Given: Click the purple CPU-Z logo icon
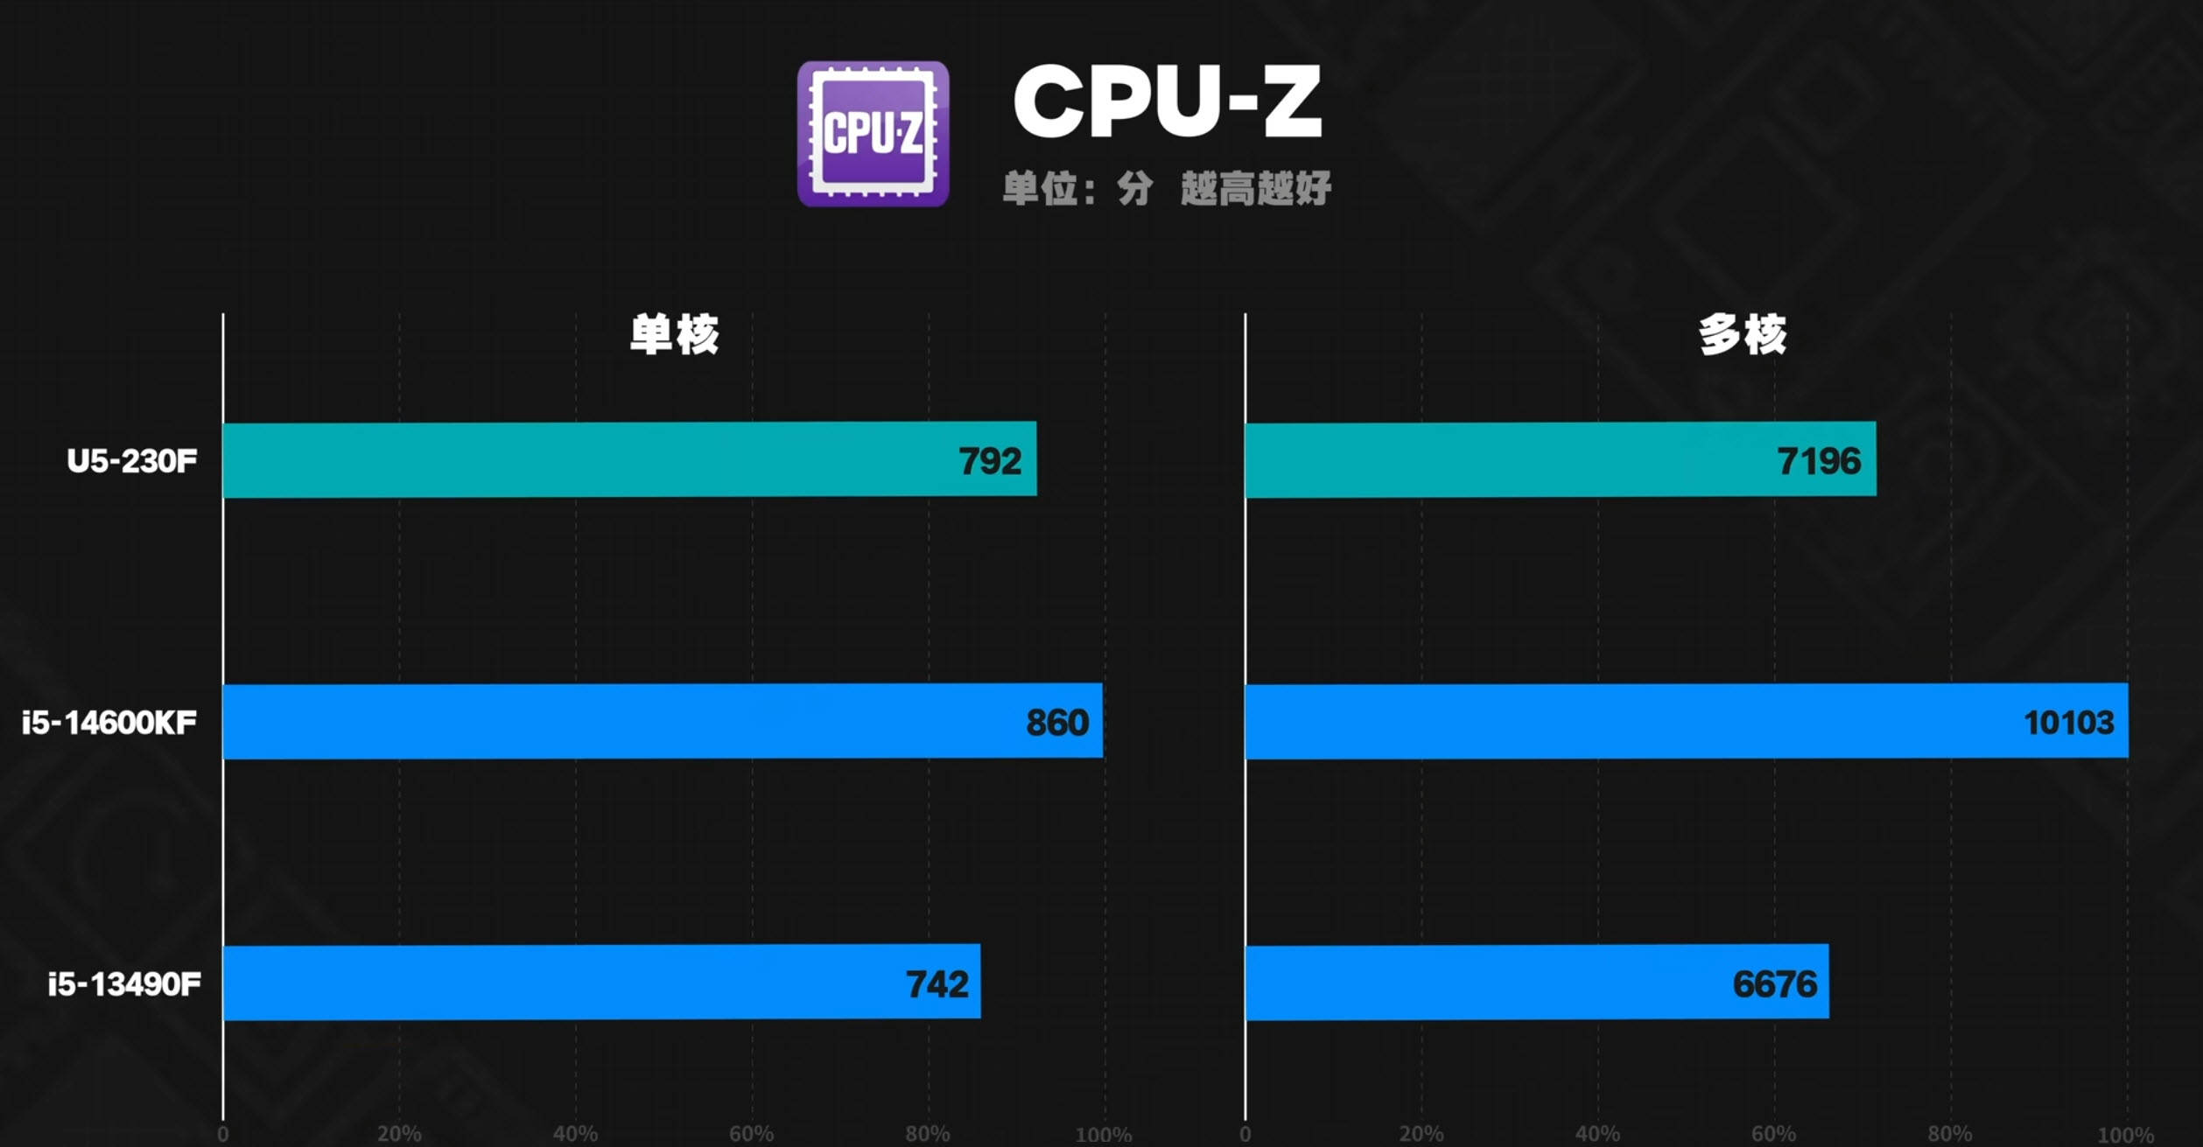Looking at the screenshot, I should (873, 134).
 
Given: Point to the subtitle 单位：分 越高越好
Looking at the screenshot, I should (1167, 188).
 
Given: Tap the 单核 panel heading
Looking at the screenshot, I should (674, 334).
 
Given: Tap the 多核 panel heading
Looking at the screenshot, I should (1742, 334).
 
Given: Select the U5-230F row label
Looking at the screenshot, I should (132, 461).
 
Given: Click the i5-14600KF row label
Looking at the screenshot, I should (109, 723).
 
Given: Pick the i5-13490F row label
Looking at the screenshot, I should (124, 984).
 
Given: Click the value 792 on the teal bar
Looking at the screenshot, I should (990, 461).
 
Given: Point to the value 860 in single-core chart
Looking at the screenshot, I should (1057, 723).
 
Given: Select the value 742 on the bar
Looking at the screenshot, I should (937, 984).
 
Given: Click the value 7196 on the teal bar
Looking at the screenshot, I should (1819, 461).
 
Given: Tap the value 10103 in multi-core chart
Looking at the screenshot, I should (2068, 723).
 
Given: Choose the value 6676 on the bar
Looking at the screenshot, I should (1774, 984).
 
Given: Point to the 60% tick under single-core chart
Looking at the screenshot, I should (751, 1134).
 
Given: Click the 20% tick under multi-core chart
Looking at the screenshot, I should (1421, 1134).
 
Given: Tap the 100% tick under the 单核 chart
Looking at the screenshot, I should (1103, 1134).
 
